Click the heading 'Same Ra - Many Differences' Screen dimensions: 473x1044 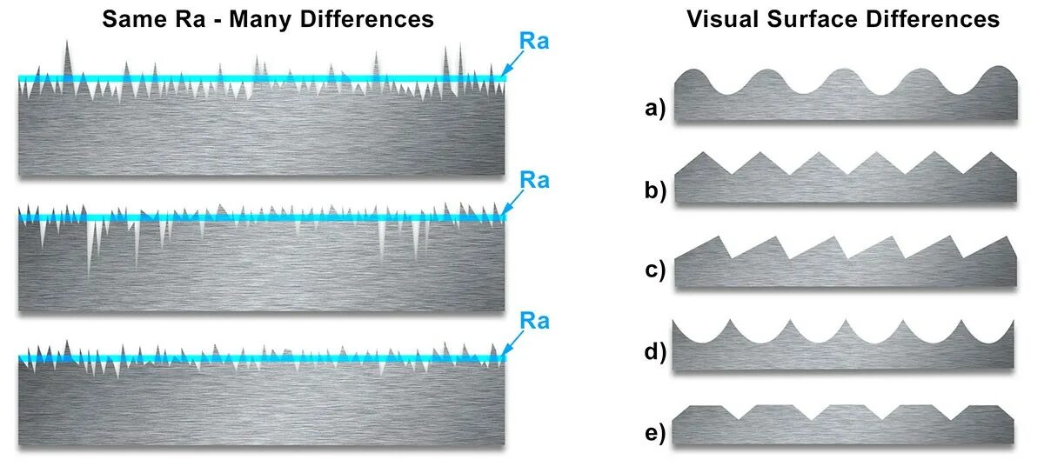(x=268, y=19)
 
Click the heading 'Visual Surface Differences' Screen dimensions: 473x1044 (x=843, y=19)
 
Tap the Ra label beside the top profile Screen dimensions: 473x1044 (x=534, y=42)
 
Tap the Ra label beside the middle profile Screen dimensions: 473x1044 (x=534, y=180)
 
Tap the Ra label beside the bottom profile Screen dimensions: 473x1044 (x=534, y=320)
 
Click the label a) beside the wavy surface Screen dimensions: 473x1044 (x=655, y=108)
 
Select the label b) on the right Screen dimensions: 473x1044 (x=655, y=190)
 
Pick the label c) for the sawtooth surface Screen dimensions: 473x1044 (x=655, y=271)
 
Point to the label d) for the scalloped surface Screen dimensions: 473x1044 (x=655, y=353)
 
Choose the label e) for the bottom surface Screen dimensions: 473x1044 (x=655, y=434)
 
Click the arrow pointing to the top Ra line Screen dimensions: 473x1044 (x=513, y=63)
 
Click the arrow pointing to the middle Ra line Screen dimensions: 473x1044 (x=513, y=202)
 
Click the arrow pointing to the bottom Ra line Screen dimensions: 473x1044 (x=513, y=342)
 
